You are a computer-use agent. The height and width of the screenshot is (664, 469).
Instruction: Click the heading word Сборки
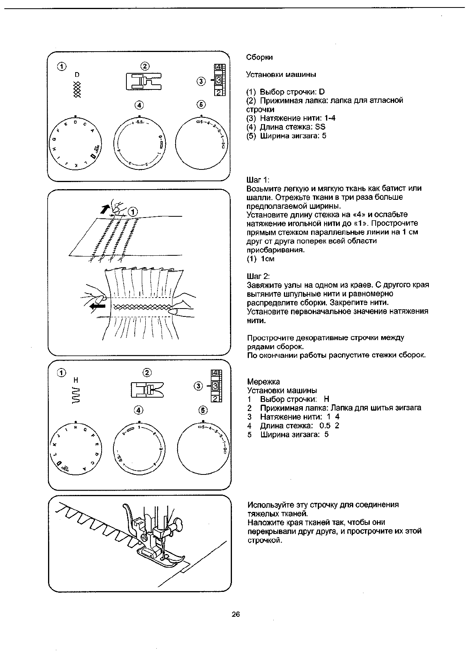259,57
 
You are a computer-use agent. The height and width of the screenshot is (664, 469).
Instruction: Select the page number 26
236,614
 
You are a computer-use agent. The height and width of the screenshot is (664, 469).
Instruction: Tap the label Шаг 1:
258,180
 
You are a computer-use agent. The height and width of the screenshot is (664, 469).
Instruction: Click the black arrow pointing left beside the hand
97,306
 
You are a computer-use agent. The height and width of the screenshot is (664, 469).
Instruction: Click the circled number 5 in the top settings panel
201,104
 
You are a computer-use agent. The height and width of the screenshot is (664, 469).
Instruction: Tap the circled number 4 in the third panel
138,410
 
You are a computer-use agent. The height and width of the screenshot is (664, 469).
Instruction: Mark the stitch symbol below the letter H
76,395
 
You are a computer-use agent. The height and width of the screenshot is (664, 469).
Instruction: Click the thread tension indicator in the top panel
219,81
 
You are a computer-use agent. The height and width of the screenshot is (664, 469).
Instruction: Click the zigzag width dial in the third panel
203,450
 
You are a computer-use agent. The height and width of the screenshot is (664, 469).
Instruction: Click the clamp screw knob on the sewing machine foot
179,524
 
